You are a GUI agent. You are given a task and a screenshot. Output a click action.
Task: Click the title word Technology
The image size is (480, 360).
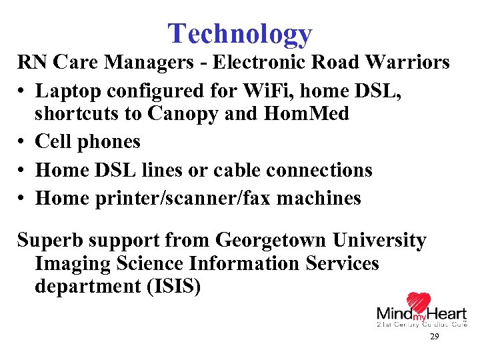pos(239,33)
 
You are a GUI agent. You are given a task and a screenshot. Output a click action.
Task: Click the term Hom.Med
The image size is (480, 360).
pos(306,114)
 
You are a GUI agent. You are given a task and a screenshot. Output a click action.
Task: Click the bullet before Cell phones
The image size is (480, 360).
pos(22,143)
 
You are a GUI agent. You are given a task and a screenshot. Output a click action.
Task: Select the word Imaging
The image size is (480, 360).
pos(73,263)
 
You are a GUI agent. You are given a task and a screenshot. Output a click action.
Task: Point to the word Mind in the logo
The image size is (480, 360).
pos(393,313)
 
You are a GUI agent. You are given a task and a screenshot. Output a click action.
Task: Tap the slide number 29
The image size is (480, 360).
pos(434,337)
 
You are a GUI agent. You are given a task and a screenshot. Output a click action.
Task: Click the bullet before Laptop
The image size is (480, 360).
pos(22,90)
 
